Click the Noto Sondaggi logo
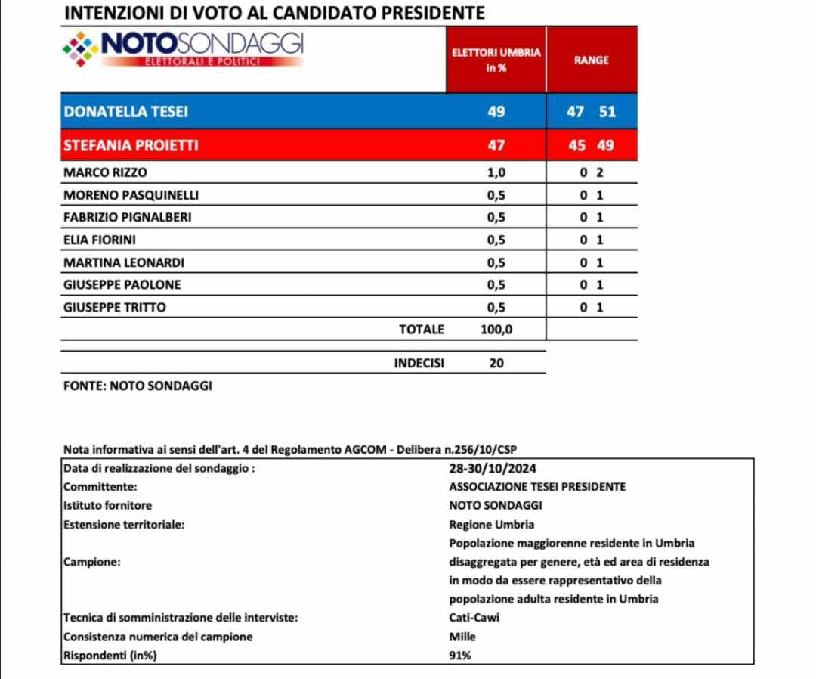(x=183, y=49)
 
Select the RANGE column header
(x=591, y=60)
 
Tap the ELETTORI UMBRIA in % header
(x=496, y=60)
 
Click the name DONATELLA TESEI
(x=126, y=112)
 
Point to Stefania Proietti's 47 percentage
(x=496, y=145)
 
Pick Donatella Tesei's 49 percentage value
(x=496, y=112)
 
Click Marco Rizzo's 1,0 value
(x=496, y=172)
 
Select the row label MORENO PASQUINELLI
(x=131, y=195)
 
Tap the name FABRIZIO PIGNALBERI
(x=128, y=217)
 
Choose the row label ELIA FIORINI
(x=100, y=240)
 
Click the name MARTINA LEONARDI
(x=124, y=262)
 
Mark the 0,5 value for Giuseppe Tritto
(x=496, y=307)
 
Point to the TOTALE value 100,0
(x=496, y=329)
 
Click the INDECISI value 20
(x=496, y=363)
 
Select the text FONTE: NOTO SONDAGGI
(x=138, y=386)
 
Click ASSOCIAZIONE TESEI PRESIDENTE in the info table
(x=537, y=487)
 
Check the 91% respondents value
(x=460, y=656)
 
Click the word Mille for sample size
(x=462, y=637)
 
